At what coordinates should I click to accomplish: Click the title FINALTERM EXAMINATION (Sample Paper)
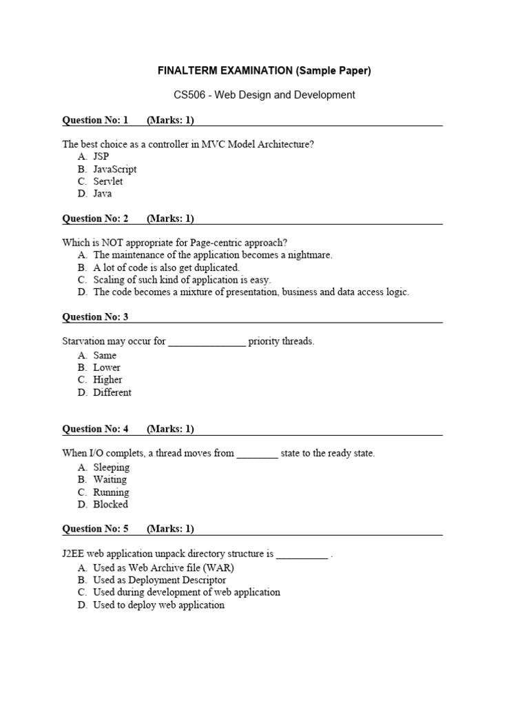coord(264,71)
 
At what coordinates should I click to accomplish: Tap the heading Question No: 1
coord(95,121)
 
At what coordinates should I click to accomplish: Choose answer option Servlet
coord(108,181)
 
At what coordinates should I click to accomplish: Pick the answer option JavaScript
coord(115,169)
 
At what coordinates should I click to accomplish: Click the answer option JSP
coord(101,157)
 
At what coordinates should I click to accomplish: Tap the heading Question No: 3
coord(95,317)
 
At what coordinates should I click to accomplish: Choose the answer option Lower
coord(107,367)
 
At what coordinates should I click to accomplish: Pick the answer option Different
coord(112,392)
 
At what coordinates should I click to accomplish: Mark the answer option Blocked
coord(111,504)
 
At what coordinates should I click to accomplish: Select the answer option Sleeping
coord(112,467)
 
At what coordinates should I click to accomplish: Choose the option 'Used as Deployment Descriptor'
coord(159,580)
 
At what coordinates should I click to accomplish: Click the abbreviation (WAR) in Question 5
coord(219,568)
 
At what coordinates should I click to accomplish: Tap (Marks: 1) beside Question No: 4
coord(170,429)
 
